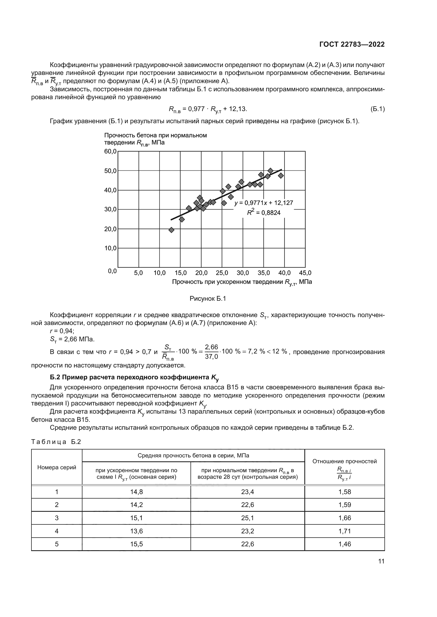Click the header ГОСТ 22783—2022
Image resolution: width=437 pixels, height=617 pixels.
[x=352, y=45]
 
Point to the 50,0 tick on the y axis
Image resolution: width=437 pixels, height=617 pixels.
[x=110, y=171]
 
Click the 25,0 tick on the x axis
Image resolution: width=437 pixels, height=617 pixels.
[x=222, y=273]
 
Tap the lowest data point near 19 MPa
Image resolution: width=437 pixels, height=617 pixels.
[x=171, y=230]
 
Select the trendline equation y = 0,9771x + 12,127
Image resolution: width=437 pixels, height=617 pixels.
[x=264, y=203]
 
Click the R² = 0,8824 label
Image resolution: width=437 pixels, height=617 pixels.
[x=264, y=213]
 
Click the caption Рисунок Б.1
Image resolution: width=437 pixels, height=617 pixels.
[x=208, y=299]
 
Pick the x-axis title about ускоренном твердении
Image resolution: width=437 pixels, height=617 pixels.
[x=242, y=282]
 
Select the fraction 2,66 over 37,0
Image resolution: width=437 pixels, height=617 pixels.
[x=211, y=352]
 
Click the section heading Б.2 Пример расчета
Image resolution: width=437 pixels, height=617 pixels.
[x=134, y=377]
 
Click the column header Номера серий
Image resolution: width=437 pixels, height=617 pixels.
[x=57, y=467]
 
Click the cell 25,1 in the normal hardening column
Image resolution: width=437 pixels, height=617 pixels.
[x=247, y=518]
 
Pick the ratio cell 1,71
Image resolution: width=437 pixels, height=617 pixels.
[x=345, y=531]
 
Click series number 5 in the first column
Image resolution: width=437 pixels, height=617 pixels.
[x=57, y=544]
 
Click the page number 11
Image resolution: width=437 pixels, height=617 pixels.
[x=381, y=561]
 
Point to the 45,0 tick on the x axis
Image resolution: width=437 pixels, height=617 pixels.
[x=305, y=273]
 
